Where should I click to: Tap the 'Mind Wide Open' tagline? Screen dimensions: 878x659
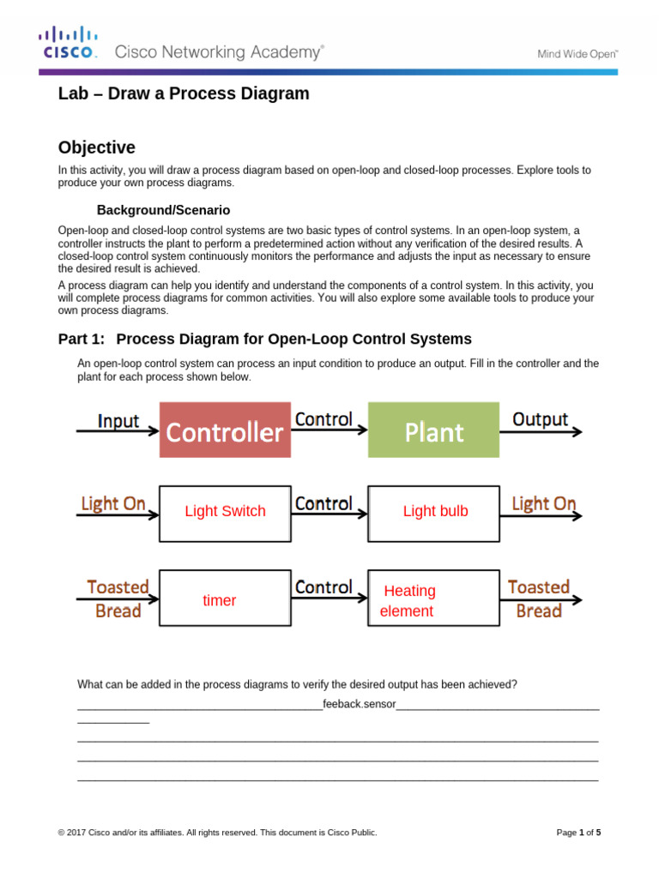(x=577, y=53)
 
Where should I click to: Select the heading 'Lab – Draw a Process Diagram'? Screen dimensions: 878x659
(x=184, y=94)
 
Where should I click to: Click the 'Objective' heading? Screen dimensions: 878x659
(x=96, y=147)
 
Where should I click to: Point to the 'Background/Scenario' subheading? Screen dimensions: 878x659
(x=163, y=210)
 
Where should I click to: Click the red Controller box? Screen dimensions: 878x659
(x=224, y=431)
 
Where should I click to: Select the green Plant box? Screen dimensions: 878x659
(x=433, y=431)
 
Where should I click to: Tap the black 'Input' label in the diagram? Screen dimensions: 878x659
(x=118, y=421)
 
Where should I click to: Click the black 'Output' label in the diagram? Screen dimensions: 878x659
(x=540, y=419)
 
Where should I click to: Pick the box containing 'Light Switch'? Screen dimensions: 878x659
(x=225, y=513)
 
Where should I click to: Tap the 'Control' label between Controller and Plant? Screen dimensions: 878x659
(x=323, y=419)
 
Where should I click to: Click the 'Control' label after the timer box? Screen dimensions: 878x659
(x=323, y=587)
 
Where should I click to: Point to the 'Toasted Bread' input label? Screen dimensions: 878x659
(x=118, y=598)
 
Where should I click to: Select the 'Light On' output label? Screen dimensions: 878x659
(x=543, y=503)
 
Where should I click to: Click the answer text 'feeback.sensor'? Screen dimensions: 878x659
(x=360, y=705)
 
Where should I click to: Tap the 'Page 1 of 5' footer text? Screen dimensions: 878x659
(x=578, y=832)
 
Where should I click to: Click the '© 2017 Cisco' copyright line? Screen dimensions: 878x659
(x=217, y=832)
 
